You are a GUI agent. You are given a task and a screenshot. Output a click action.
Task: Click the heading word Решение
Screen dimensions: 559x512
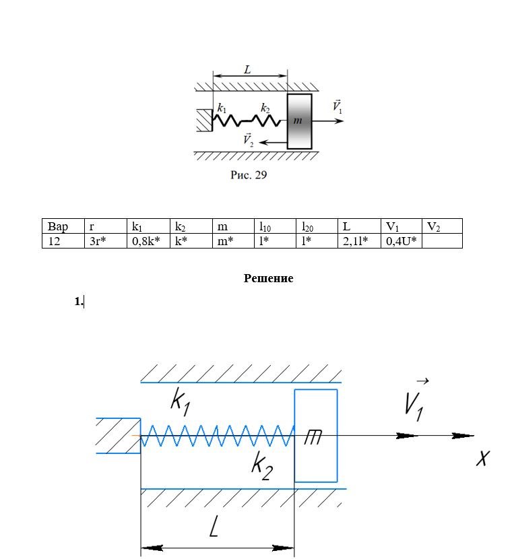point(268,278)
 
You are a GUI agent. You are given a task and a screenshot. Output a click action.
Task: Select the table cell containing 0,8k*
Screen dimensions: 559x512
point(147,240)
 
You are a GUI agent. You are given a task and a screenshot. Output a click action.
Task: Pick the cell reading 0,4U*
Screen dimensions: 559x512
point(400,240)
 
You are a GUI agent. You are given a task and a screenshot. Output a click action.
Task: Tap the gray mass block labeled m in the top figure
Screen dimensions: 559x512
point(300,121)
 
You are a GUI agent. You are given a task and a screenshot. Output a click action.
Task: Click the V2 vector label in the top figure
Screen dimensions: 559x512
point(248,140)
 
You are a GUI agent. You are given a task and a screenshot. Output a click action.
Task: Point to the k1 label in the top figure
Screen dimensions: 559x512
point(222,107)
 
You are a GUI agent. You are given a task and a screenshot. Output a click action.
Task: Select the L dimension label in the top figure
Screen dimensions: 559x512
point(247,69)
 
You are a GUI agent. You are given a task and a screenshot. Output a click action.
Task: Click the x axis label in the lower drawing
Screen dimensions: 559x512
point(482,459)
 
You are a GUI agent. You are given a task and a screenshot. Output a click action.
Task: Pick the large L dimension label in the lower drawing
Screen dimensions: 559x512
point(214,526)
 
